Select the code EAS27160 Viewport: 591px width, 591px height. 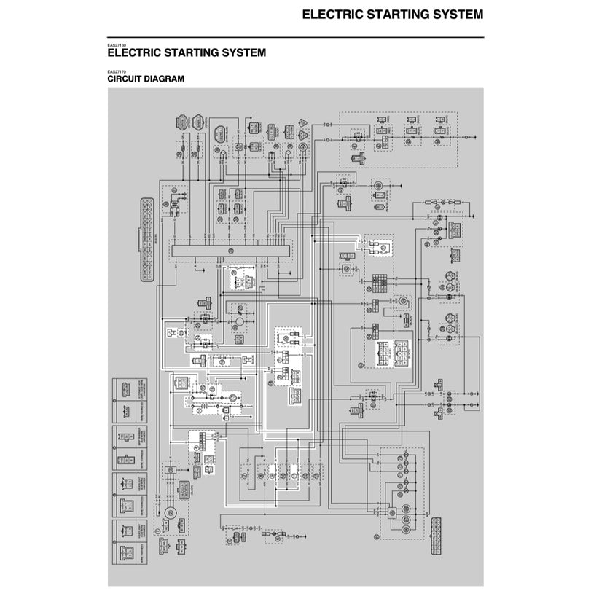(x=117, y=45)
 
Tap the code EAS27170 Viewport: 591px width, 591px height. (x=117, y=71)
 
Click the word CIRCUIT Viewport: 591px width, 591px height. (x=127, y=78)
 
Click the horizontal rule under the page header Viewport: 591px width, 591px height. (x=295, y=37)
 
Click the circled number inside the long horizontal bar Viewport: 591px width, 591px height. (x=229, y=251)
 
